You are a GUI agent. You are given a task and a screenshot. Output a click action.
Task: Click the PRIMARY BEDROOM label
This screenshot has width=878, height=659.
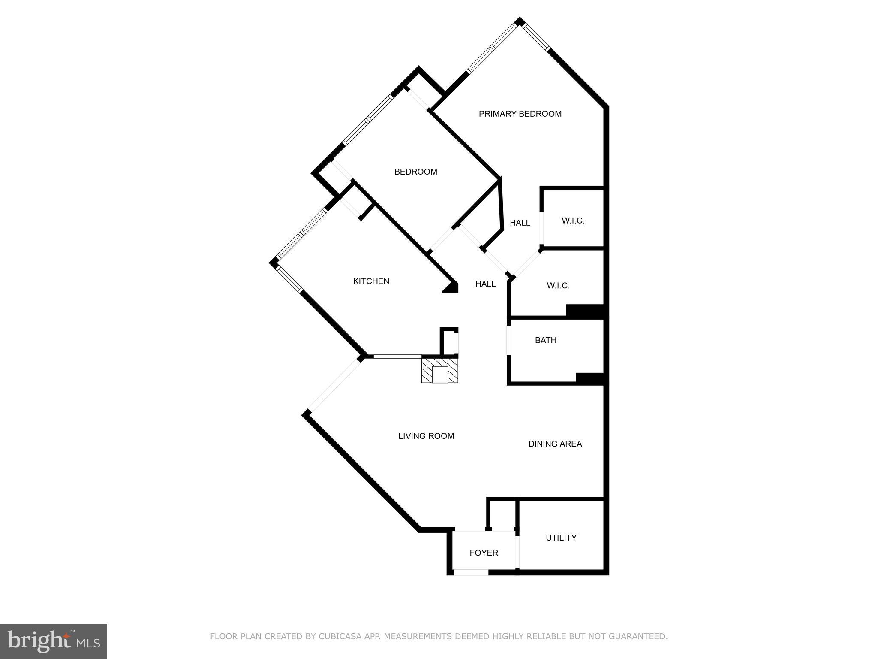coord(520,114)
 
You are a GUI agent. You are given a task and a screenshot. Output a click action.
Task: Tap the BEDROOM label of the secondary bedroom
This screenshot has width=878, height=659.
coord(415,172)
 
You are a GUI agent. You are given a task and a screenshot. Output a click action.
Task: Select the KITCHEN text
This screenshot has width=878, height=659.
coord(371,281)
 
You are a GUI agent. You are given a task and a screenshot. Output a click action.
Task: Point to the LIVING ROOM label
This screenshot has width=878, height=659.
coord(426,436)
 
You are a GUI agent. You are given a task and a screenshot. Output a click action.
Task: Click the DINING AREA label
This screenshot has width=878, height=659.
coord(555,444)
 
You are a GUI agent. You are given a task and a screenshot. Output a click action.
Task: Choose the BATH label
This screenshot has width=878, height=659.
coord(545,340)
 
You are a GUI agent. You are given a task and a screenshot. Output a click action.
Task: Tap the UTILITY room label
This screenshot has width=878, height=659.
coord(561,538)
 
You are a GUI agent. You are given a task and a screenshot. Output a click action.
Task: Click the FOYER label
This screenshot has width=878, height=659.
coord(484,553)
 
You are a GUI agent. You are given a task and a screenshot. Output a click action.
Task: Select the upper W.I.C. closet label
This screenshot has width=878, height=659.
coord(573,221)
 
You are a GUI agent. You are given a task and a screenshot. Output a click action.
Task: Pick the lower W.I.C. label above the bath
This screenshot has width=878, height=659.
coord(558,286)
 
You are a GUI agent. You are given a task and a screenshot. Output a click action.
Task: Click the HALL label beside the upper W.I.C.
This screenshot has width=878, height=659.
coord(520,223)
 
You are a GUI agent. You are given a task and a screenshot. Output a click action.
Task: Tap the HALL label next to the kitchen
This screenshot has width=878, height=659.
coord(485,284)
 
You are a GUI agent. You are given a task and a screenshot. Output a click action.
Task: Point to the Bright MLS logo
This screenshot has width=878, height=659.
coord(54,641)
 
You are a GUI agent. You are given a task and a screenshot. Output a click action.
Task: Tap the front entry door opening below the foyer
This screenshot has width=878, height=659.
coord(471,572)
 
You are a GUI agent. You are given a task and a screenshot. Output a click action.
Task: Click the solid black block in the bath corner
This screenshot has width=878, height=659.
coord(589,378)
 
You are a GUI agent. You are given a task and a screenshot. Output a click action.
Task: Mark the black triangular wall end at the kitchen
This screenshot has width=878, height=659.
coord(452,288)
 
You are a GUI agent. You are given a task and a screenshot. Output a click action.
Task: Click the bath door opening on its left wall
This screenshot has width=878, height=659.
coord(509,341)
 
